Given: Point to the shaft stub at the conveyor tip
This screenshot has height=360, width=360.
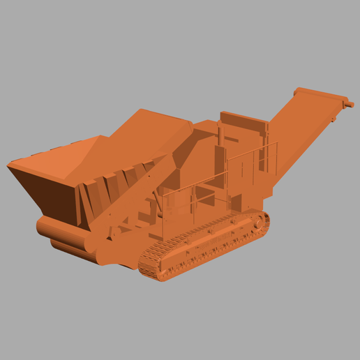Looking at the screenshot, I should [x=349, y=104].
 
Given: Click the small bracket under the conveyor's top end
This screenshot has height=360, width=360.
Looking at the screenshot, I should [x=333, y=121].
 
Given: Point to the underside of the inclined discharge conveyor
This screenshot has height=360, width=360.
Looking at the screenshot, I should [x=293, y=150].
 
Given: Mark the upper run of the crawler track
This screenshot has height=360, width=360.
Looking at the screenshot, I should [x=209, y=230].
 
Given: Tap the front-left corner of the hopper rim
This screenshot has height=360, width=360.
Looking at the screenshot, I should [x=10, y=166].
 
